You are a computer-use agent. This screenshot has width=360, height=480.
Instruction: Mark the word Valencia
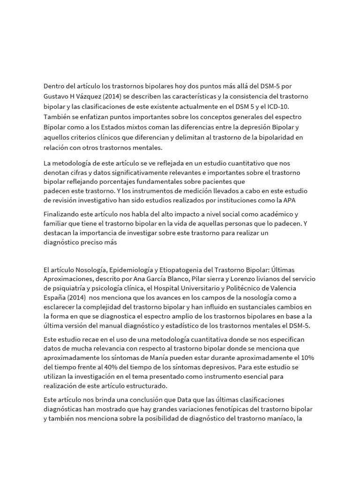click(281, 288)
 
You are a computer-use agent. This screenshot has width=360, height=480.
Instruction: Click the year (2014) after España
click(78, 297)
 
